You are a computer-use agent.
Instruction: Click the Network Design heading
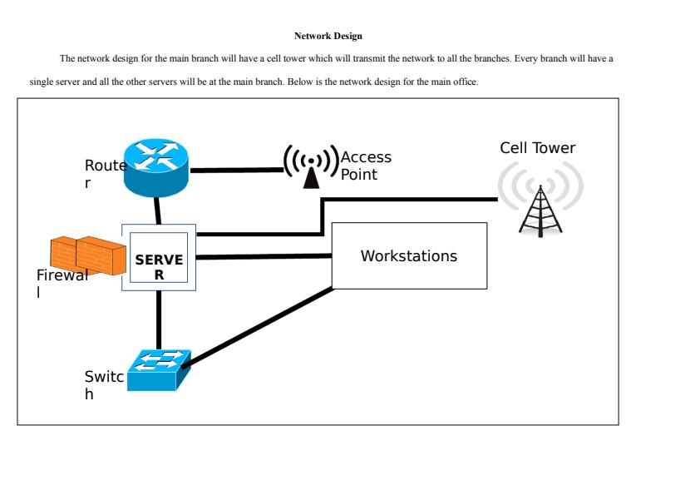click(328, 37)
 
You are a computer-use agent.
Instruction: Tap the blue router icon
click(156, 166)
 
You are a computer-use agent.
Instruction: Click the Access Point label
click(366, 166)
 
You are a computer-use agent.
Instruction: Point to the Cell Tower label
click(537, 148)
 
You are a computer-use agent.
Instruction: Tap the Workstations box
click(409, 256)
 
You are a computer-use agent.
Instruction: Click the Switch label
click(103, 385)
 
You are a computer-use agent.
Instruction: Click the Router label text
click(104, 174)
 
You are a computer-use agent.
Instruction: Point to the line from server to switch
click(159, 319)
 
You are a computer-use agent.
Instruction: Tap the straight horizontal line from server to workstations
click(264, 256)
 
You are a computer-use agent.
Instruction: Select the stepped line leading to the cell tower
click(407, 200)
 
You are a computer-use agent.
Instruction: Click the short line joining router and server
click(157, 211)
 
